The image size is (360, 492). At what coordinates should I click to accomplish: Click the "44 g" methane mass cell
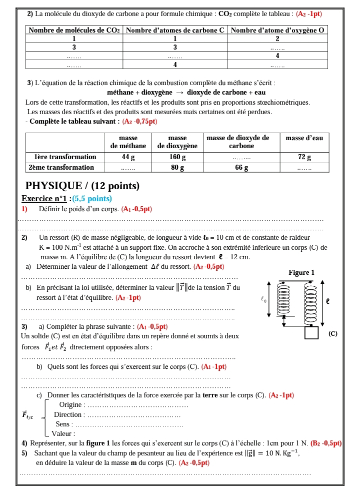[x=128, y=157]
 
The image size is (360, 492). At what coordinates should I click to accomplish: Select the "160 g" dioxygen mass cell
[x=176, y=157]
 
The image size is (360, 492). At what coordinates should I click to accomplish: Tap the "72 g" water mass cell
[x=304, y=157]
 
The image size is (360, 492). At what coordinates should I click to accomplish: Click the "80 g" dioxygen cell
[x=176, y=168]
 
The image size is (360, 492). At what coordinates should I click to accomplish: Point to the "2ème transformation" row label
[x=62, y=167]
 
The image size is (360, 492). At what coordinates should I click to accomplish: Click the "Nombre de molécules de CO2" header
[x=74, y=30]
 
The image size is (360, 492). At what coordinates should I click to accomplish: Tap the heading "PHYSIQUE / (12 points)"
[x=82, y=186]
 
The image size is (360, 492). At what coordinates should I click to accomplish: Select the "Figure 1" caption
[x=301, y=273]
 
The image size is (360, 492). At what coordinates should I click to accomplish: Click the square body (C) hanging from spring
[x=312, y=332]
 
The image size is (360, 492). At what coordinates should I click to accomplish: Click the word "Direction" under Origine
[x=67, y=414]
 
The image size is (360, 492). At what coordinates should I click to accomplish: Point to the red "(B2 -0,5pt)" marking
[x=326, y=443]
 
